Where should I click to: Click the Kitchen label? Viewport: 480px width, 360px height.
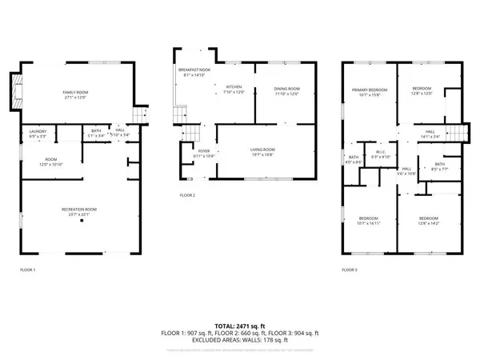[234, 89]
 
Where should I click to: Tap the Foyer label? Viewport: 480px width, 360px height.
[203, 153]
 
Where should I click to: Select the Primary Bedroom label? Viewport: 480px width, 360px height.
[369, 92]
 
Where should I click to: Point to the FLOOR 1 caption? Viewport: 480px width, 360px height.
[28, 270]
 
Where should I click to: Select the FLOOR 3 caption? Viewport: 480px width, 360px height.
[350, 270]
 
